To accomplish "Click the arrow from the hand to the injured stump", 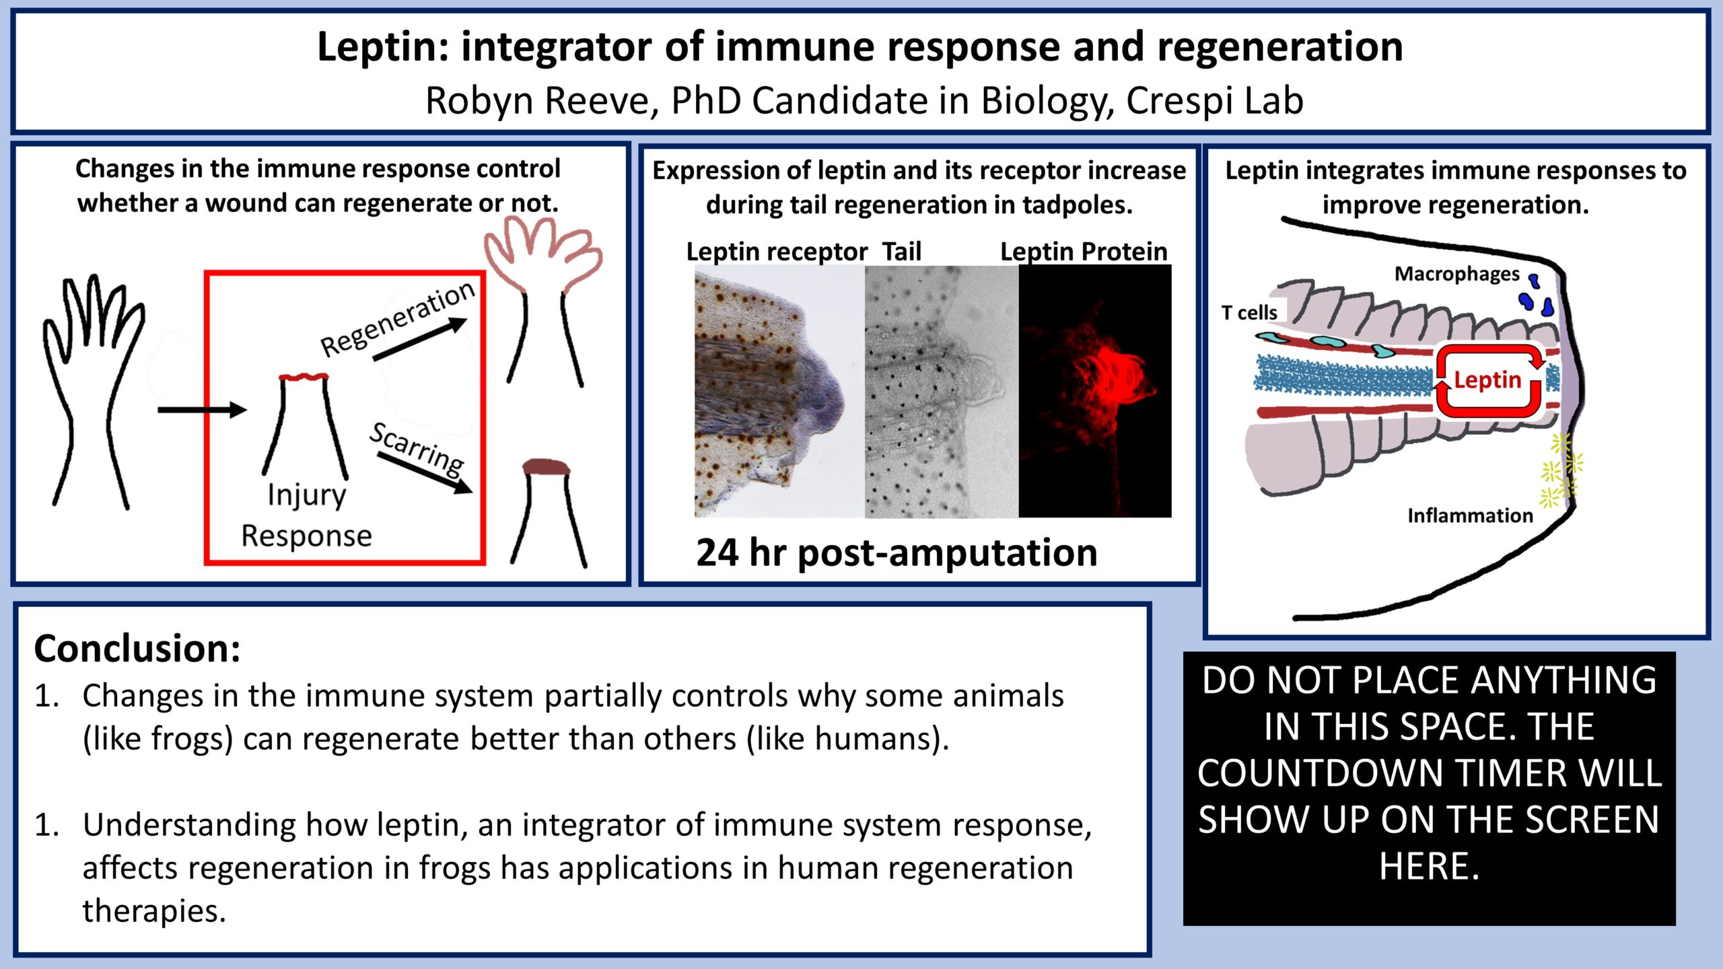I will point(202,409).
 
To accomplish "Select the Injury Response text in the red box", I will point(307,515).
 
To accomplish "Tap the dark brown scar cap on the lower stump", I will point(546,467).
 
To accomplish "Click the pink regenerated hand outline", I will point(542,256).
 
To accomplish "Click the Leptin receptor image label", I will point(777,252).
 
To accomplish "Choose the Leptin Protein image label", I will point(1084,252).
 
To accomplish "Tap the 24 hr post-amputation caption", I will point(896,552).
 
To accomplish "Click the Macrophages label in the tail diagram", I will point(1456,274).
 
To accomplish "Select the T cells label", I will point(1249,312).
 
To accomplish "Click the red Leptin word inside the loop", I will point(1487,380).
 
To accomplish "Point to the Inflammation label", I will point(1470,515).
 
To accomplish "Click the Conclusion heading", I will point(137,649).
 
